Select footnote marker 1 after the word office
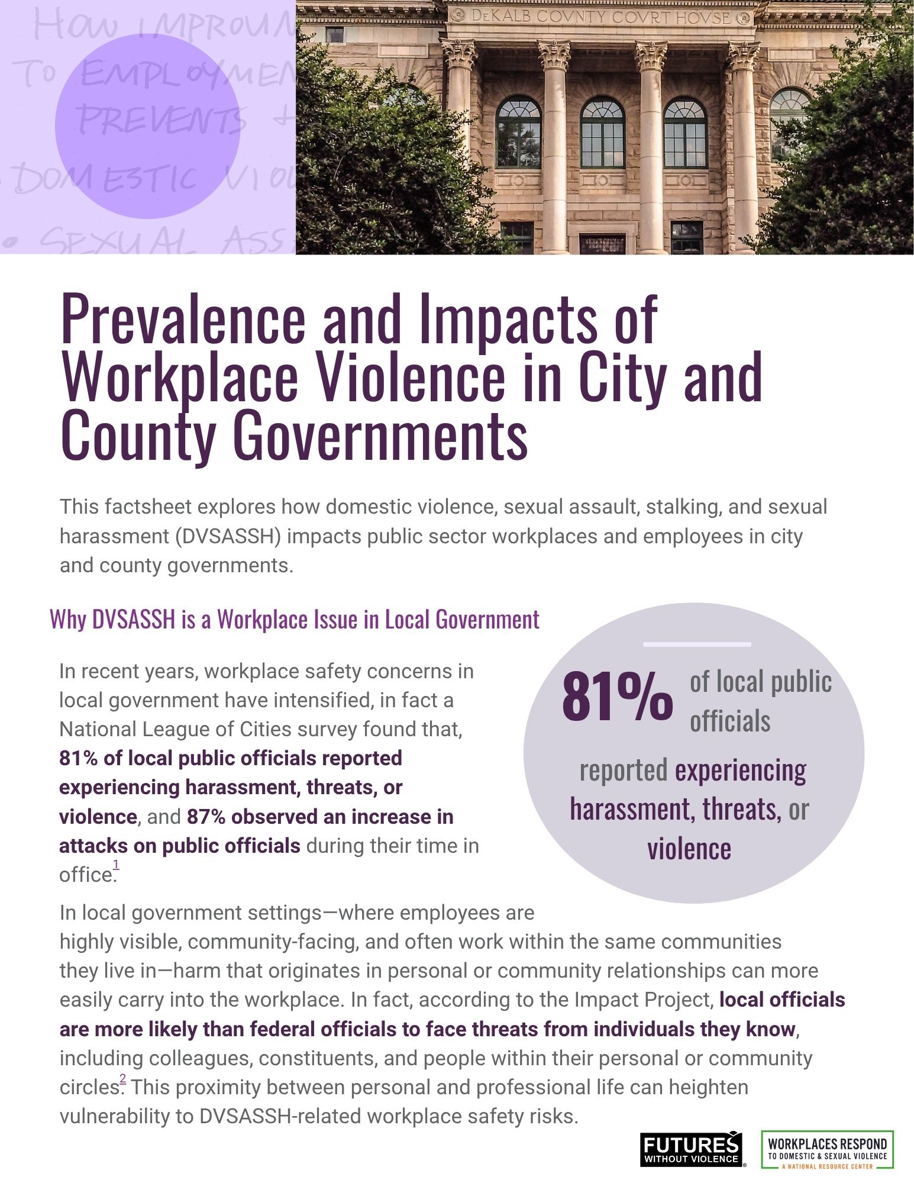point(116,865)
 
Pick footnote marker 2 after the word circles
point(123,1081)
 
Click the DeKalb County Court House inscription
point(600,17)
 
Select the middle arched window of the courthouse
point(602,134)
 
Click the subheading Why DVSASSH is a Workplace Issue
point(295,620)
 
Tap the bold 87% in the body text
point(206,817)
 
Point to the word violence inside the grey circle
point(689,848)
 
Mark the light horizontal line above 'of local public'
point(697,644)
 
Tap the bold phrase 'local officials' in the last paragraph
point(782,1000)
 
